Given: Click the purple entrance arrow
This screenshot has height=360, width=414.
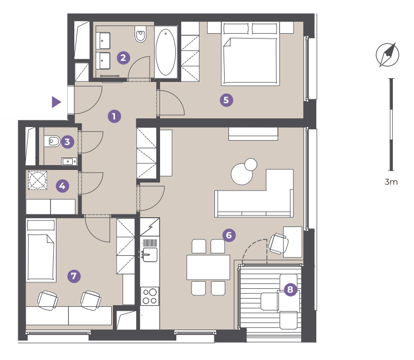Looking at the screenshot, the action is coord(56,102).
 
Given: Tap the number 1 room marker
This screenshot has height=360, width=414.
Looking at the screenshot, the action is coord(114,116).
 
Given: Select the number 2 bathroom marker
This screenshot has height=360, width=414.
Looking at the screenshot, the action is coord(123,58).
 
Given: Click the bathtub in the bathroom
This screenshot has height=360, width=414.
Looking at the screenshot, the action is coord(165,52).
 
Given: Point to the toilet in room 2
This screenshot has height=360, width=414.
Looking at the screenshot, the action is coord(141,34).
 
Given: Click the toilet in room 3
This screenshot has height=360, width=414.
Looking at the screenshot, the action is coord(52,141).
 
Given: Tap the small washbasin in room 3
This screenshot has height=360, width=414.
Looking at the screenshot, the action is coord(69,161).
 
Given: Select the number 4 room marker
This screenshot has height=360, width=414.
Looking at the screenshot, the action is coord(62,186).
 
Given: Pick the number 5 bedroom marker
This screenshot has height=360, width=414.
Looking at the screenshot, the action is coord(226,100).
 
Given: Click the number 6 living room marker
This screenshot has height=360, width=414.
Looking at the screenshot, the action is coord(229,235).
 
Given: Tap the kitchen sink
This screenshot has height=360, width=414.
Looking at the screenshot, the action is coord(150,255).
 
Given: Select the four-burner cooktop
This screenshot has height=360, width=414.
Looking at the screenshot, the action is coord(150,296).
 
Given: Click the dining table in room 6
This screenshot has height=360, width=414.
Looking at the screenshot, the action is coord(208,267).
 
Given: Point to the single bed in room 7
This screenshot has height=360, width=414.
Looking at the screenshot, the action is coord(41,250).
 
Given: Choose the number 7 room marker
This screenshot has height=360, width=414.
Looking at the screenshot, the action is coord(74,276).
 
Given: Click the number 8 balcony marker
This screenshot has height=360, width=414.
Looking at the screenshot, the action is coord(290,289).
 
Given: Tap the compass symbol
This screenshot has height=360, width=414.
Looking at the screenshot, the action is coord(387,55).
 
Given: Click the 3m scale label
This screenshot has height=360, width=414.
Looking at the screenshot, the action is coord(391,182).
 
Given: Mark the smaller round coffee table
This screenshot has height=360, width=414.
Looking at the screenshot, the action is coord(251,165).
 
